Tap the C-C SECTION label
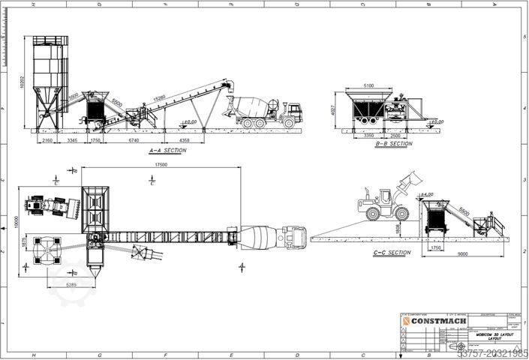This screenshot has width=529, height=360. (x=392, y=253)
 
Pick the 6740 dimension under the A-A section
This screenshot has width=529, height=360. (x=133, y=140)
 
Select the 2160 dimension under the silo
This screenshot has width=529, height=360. (x=47, y=140)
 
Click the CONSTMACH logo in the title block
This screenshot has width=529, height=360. (x=439, y=321)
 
